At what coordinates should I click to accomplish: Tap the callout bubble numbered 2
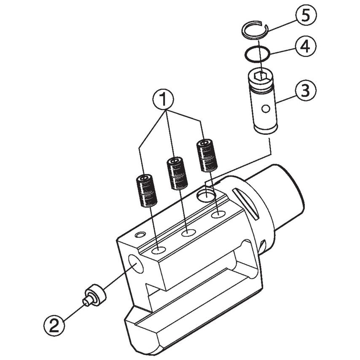pos(54,325)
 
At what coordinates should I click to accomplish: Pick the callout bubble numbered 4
pos(303,46)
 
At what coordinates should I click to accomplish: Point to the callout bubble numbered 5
pos(304,17)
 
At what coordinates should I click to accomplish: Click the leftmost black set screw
pos(145,191)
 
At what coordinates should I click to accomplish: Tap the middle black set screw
pos(177,173)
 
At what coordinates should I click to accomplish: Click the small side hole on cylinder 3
pos(265,109)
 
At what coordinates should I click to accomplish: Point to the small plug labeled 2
pos(95,296)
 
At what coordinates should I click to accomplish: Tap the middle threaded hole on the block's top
pos(188,232)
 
